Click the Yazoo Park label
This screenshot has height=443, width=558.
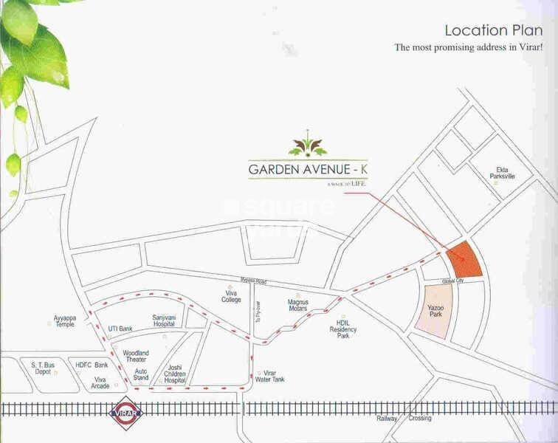pos(435,310)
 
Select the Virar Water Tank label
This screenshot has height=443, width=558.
pos(275,377)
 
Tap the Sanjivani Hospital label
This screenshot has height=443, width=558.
pos(163,320)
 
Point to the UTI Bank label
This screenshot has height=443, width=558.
pos(120,329)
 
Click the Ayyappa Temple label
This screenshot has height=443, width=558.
pos(64,321)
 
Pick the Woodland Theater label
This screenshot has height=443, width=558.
pos(136,357)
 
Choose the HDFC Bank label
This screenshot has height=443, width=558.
pos(92,365)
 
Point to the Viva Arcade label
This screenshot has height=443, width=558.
pos(100,382)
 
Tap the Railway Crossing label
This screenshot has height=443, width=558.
pos(403,419)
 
